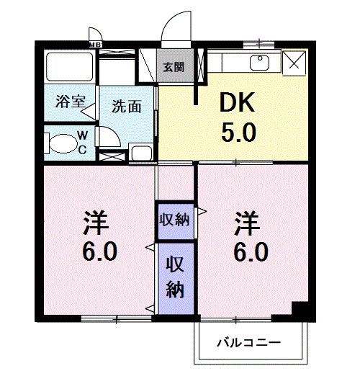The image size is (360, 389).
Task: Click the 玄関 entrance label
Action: click(x=173, y=67)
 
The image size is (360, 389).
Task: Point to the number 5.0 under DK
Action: click(x=238, y=133)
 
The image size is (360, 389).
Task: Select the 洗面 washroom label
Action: click(x=125, y=106)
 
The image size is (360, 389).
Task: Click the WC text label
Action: click(x=82, y=143)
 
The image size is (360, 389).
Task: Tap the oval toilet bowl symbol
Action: click(x=60, y=143)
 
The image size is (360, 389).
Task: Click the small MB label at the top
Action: click(x=94, y=45)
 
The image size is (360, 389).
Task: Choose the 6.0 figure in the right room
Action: click(x=249, y=253)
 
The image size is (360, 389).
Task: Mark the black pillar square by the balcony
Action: click(x=300, y=310)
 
